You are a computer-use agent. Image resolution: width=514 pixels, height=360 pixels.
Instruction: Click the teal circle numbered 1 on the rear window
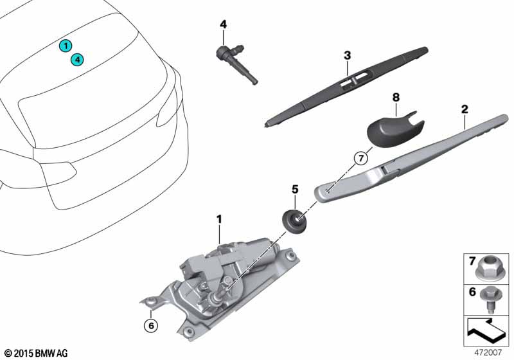tap(65, 46)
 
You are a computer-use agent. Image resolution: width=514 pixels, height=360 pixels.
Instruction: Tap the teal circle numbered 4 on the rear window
tap(77, 60)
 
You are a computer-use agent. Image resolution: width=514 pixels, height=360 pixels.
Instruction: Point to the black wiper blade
tap(347, 84)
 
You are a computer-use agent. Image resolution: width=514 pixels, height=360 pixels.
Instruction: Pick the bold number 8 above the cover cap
tap(396, 97)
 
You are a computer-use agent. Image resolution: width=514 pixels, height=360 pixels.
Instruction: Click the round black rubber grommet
tap(295, 221)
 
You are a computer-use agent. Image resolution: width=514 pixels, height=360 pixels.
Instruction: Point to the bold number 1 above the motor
tap(218, 219)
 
